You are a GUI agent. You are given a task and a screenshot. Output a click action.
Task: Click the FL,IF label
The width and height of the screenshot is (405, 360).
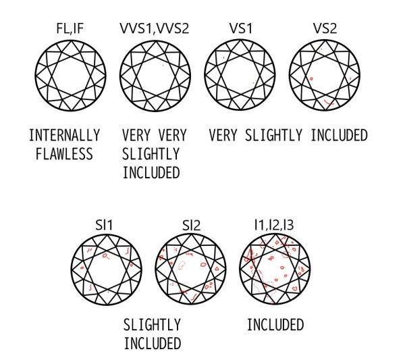pyautogui.click(x=70, y=28)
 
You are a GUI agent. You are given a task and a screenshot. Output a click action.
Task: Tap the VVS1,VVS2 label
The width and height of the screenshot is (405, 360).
pyautogui.click(x=155, y=28)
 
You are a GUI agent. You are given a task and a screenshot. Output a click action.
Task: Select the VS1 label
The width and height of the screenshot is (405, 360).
pyautogui.click(x=240, y=28)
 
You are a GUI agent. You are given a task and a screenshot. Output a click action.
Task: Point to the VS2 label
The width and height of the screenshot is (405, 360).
pyautogui.click(x=325, y=28)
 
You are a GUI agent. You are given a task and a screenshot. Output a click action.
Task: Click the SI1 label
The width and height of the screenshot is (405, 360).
pyautogui.click(x=104, y=225)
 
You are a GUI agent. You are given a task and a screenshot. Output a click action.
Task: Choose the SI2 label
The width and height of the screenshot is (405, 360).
pyautogui.click(x=191, y=225)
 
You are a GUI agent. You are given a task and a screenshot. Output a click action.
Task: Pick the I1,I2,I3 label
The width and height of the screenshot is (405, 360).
pyautogui.click(x=274, y=225)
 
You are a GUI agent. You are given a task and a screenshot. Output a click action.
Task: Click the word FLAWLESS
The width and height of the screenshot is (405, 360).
pyautogui.click(x=64, y=154)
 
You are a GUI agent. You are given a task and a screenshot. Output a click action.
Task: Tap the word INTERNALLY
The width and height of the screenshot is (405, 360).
pyautogui.click(x=64, y=135)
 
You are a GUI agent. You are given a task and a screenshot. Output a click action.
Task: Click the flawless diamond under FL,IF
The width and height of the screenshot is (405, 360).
pyautogui.click(x=70, y=76)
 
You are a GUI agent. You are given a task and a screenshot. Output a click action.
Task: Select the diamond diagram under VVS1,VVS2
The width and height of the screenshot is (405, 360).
pyautogui.click(x=155, y=76)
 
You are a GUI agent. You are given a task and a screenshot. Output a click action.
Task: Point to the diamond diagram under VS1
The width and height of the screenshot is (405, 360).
pyautogui.click(x=240, y=75)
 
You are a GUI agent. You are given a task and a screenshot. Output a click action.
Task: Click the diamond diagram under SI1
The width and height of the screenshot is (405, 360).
pyautogui.click(x=107, y=269)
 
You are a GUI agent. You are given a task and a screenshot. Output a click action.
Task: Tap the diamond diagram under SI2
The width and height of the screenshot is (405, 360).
pyautogui.click(x=191, y=269)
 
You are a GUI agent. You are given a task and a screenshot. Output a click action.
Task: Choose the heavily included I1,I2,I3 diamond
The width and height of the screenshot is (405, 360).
pyautogui.click(x=275, y=269)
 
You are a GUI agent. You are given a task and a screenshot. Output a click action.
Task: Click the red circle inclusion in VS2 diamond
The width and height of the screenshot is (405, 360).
pyautogui.click(x=311, y=78)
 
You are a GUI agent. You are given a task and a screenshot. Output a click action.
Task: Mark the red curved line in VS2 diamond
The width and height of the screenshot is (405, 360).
pyautogui.click(x=329, y=103)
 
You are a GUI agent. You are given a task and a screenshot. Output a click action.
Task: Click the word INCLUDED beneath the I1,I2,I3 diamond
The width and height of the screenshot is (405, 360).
pyautogui.click(x=275, y=325)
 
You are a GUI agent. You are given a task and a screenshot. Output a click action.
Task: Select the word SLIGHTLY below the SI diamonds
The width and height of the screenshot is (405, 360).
pyautogui.click(x=152, y=325)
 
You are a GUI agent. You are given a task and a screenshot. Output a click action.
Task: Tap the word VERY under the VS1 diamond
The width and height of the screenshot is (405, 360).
pyautogui.click(x=223, y=135)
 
